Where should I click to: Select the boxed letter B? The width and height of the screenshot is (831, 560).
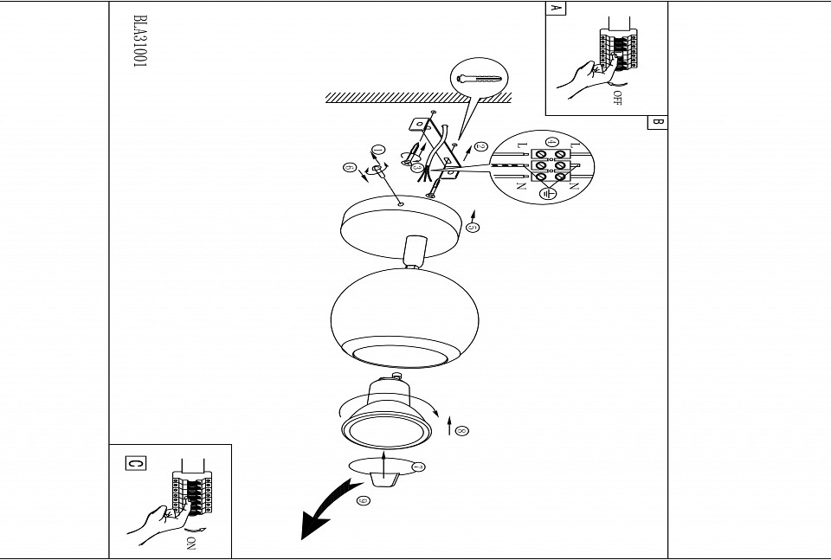[657, 122]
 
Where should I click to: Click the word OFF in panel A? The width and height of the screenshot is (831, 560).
[617, 98]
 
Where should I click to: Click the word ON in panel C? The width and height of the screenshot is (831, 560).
[191, 544]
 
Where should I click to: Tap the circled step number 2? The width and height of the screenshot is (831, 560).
[482, 147]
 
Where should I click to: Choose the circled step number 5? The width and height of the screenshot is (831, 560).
[473, 228]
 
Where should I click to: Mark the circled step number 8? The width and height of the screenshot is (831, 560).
[461, 430]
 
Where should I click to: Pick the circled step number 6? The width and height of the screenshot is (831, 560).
[349, 167]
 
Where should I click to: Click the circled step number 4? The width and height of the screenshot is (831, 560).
[551, 141]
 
